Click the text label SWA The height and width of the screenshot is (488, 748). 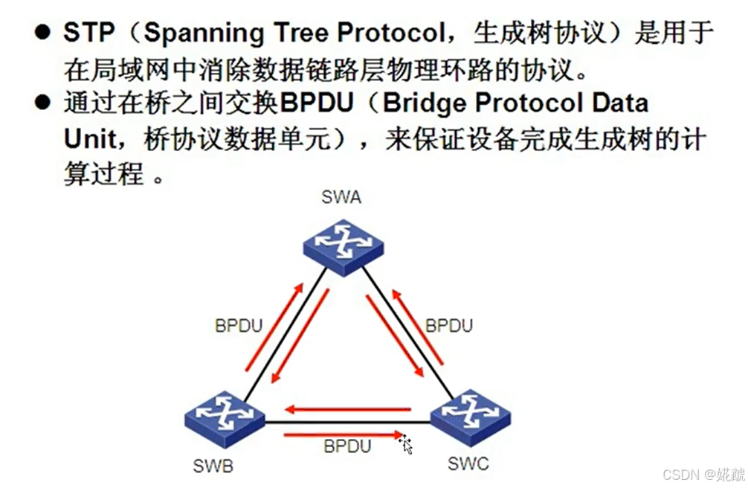pyautogui.click(x=342, y=197)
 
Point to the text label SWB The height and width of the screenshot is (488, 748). pyautogui.click(x=213, y=466)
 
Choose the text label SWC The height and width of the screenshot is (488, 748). pyautogui.click(x=468, y=464)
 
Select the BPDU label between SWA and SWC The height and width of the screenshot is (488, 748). pyautogui.click(x=448, y=326)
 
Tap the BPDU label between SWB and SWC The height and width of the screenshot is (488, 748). pyautogui.click(x=347, y=446)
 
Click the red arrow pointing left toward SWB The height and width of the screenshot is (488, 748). pyautogui.click(x=349, y=409)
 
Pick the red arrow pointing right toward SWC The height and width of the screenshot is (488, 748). pyautogui.click(x=342, y=434)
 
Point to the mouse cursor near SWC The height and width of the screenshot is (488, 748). pyautogui.click(x=406, y=445)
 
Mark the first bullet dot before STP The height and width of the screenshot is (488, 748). pyautogui.click(x=44, y=33)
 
